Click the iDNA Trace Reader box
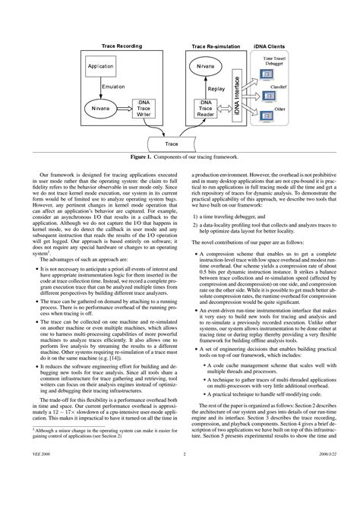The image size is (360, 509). point(207,109)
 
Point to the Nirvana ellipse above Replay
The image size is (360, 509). point(206,68)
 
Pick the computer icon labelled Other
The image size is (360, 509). point(267,119)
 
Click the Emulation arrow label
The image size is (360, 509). point(112,87)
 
